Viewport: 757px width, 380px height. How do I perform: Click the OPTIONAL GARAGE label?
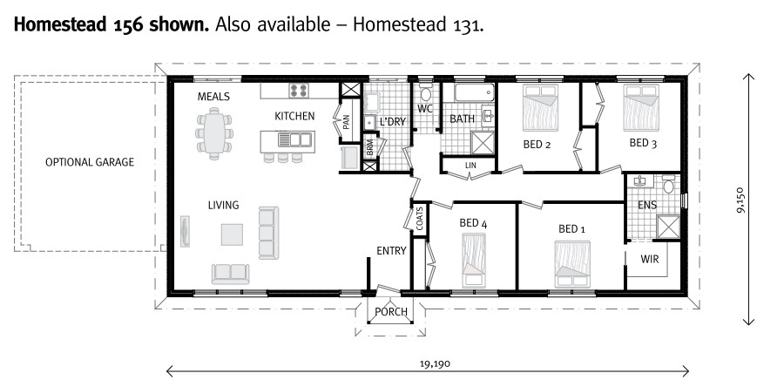click(90, 162)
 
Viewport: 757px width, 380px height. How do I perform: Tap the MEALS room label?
click(213, 97)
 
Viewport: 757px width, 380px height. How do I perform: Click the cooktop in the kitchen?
click(301, 91)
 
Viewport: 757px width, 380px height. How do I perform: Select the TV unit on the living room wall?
click(184, 231)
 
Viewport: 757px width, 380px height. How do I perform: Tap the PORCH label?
click(390, 313)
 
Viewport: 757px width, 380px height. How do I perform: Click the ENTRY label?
click(391, 251)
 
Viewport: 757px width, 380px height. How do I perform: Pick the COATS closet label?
click(420, 220)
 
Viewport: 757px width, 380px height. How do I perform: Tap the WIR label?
click(649, 259)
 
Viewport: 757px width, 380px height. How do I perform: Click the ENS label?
click(647, 206)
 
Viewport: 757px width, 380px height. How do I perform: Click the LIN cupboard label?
click(470, 165)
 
